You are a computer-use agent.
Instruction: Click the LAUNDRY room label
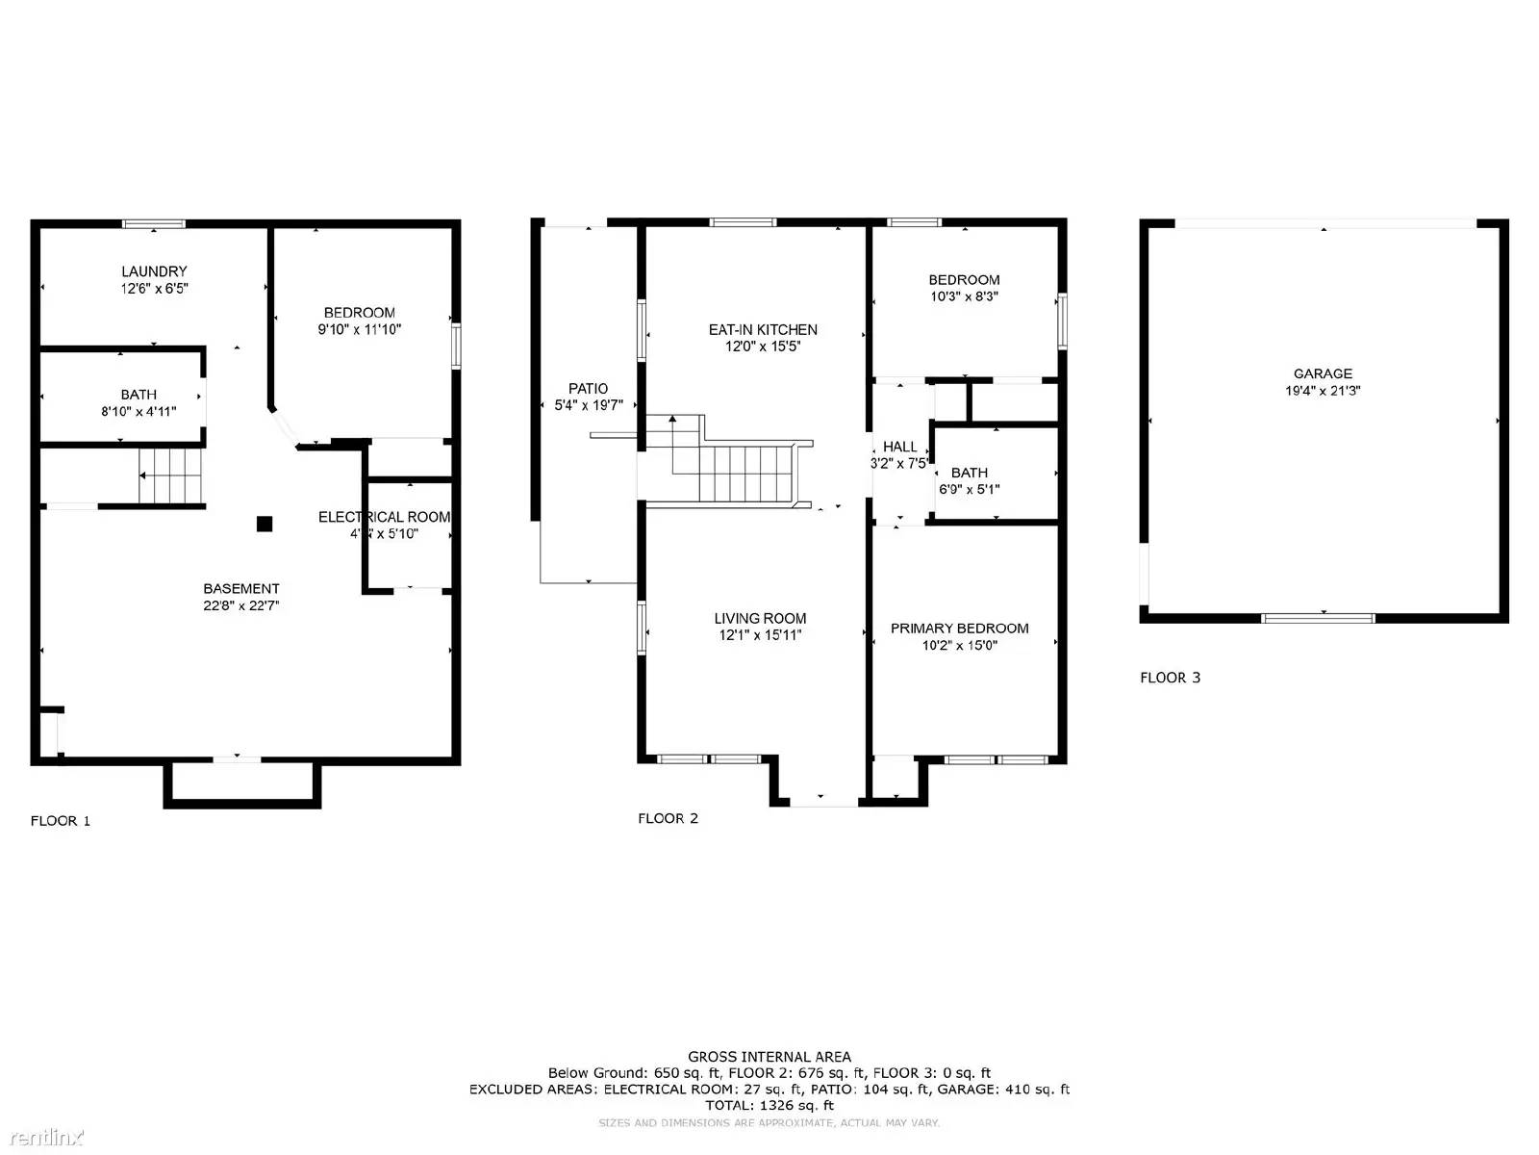(154, 271)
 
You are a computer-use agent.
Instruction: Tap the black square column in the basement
(265, 525)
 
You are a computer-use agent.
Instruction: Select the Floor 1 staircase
(171, 475)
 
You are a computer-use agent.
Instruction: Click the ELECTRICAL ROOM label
(384, 517)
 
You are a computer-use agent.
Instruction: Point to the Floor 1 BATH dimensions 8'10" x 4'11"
(139, 411)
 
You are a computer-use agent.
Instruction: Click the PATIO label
(588, 389)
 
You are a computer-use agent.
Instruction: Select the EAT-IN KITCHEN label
(763, 329)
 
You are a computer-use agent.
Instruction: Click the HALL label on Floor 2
(899, 447)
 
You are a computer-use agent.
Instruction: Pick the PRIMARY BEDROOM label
(959, 629)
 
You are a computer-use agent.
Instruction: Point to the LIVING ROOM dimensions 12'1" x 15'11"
(760, 635)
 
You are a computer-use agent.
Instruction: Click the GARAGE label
(1323, 373)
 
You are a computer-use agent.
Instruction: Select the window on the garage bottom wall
(1318, 618)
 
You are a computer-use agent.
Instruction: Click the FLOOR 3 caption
(1170, 678)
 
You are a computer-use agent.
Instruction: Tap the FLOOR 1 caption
(61, 821)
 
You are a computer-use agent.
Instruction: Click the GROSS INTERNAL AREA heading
(769, 1057)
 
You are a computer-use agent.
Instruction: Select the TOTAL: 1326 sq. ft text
(769, 1106)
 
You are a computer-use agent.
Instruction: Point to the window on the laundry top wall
(154, 224)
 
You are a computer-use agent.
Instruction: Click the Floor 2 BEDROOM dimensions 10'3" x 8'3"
(964, 296)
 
